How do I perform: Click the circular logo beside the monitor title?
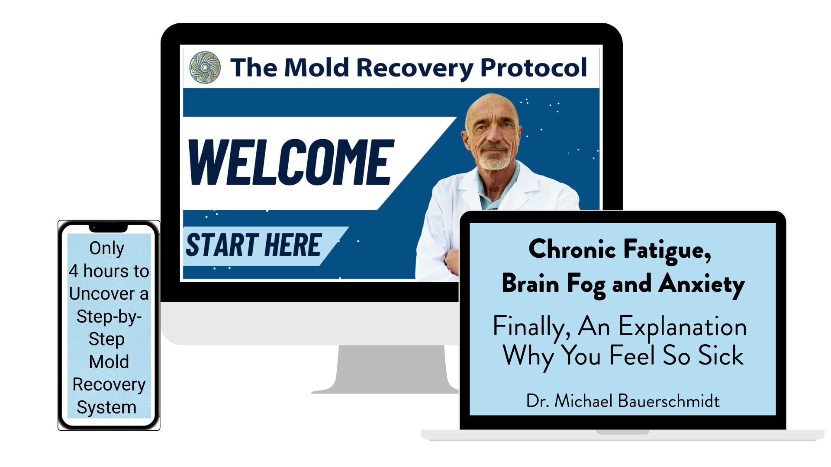(205, 67)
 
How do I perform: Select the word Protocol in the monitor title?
(534, 68)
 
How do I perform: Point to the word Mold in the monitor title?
(316, 67)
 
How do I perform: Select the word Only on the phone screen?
(107, 248)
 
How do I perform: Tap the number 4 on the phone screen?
(73, 271)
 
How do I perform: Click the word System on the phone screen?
(106, 408)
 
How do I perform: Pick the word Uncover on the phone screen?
(102, 294)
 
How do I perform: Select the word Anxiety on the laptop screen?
(702, 285)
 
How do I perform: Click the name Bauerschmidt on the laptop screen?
(669, 401)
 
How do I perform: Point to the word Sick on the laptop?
(721, 355)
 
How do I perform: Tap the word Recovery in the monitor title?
(415, 68)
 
